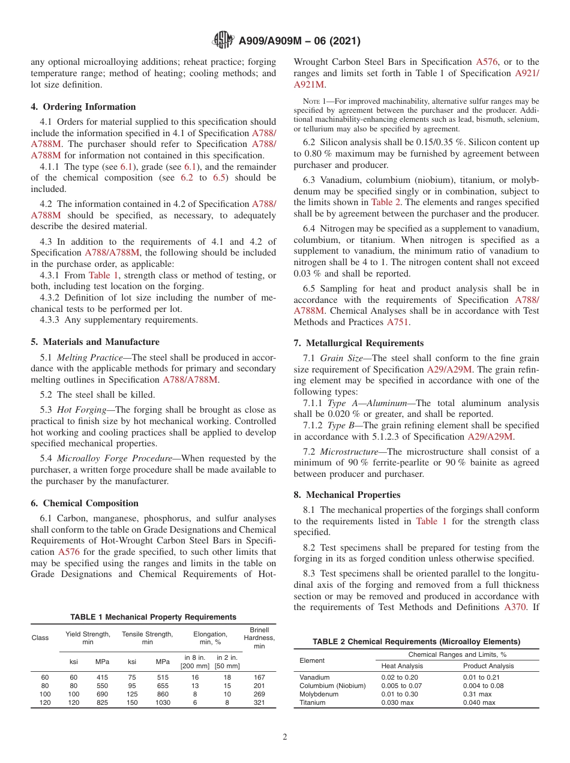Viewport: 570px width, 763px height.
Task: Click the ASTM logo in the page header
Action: click(223, 41)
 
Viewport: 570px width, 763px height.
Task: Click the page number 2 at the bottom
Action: click(285, 737)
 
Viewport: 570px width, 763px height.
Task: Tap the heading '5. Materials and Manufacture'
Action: click(95, 342)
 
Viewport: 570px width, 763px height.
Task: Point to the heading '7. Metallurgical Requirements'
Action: click(359, 343)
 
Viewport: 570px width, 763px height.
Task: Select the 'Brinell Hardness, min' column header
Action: click(259, 638)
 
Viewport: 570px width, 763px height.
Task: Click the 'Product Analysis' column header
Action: click(488, 666)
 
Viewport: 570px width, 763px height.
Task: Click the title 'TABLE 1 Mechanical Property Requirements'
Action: click(153, 617)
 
